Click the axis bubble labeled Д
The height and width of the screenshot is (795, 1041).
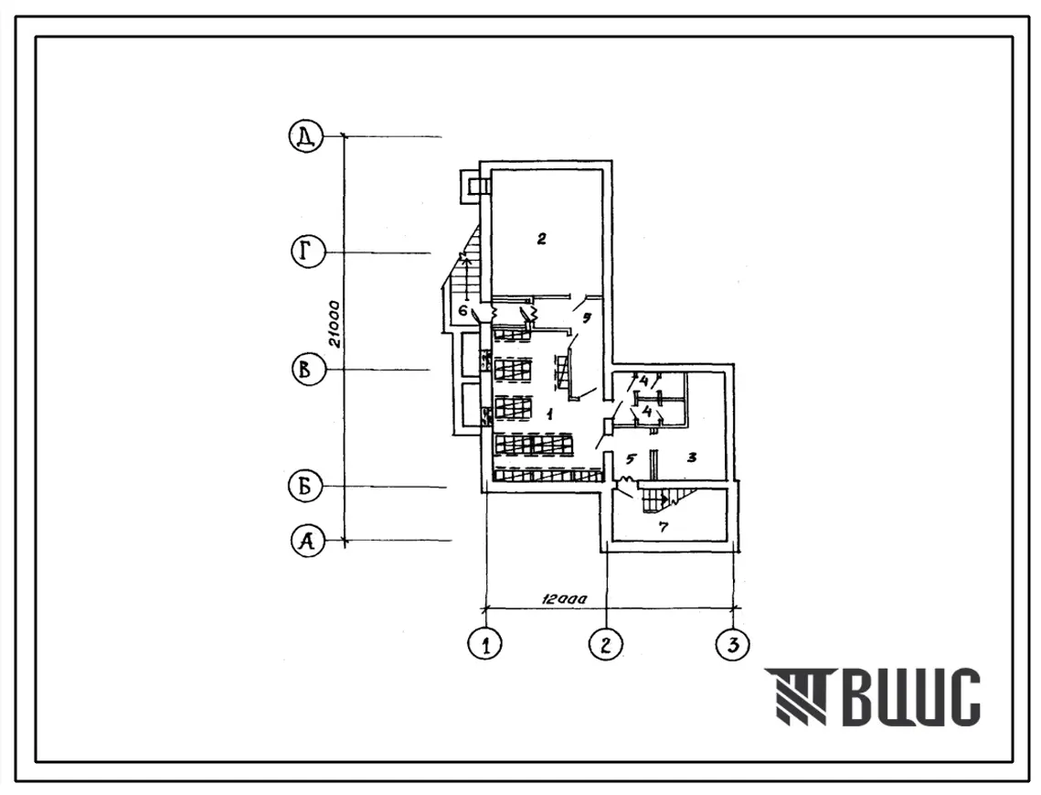(305, 136)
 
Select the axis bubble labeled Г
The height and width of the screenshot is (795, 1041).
(307, 252)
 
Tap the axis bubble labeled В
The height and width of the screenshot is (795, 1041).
(308, 369)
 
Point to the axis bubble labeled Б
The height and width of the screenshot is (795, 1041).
(304, 487)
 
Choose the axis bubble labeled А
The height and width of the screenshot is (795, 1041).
(307, 541)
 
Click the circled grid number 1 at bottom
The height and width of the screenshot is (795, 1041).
(484, 643)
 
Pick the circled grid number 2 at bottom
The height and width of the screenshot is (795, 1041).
(605, 643)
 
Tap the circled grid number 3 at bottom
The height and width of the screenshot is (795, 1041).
(733, 643)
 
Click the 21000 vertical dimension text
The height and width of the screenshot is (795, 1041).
(335, 324)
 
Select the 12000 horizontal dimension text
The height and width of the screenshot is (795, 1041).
(564, 598)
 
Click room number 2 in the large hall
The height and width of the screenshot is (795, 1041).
(541, 239)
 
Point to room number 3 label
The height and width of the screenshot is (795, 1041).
(692, 457)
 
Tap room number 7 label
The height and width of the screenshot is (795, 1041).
(663, 527)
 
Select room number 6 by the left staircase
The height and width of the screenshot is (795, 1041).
(462, 310)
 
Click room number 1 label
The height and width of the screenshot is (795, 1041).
(549, 415)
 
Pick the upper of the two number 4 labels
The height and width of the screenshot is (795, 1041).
(643, 381)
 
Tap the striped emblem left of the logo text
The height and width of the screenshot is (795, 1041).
(795, 696)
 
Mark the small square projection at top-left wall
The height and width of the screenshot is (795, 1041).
(474, 184)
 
